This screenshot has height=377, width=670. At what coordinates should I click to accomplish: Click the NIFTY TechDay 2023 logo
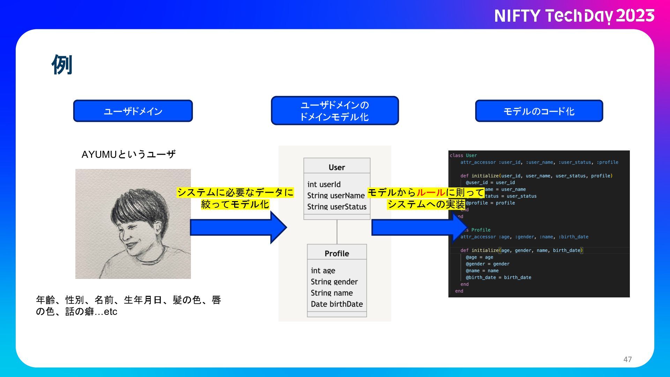click(574, 16)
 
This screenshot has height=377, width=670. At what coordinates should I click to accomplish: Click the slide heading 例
click(62, 65)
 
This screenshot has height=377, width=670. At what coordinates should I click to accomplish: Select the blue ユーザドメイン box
click(133, 111)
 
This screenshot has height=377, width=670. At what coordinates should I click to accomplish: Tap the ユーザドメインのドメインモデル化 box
click(335, 111)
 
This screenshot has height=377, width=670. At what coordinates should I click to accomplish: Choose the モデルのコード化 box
click(539, 111)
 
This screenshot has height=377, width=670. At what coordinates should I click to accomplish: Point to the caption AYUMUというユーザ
click(128, 154)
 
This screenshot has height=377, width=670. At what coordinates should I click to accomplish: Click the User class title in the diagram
click(337, 167)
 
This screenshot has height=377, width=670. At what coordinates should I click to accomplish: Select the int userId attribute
click(324, 184)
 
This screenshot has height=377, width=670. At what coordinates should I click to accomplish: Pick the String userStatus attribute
click(337, 207)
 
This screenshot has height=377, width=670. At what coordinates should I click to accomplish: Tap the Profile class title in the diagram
click(337, 253)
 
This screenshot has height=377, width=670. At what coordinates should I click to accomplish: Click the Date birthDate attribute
click(337, 304)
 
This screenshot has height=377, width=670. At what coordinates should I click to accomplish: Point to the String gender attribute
click(334, 282)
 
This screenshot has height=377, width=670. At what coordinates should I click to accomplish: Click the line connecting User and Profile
click(337, 232)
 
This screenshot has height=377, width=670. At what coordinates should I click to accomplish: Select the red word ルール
click(431, 192)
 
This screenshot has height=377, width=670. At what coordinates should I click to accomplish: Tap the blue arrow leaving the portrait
click(237, 228)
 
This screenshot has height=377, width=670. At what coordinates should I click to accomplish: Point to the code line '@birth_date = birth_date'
click(498, 278)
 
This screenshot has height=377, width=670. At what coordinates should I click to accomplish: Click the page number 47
click(627, 359)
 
